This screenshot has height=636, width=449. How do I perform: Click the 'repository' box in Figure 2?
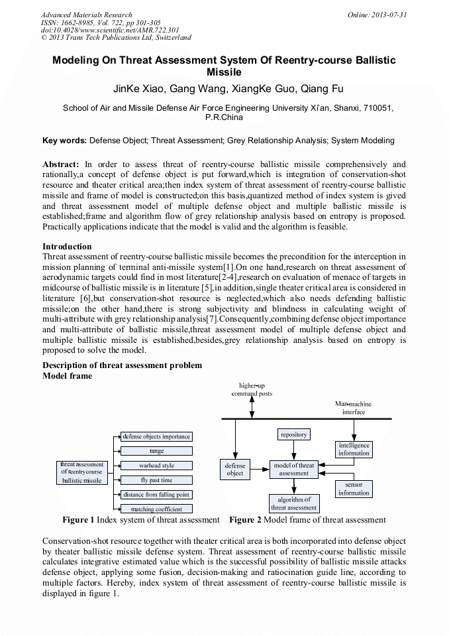coord(293,434)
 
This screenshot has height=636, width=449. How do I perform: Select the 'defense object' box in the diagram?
coord(235,470)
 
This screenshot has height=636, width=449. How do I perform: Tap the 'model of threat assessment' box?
coord(293,470)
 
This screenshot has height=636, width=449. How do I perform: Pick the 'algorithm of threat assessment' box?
coord(293,503)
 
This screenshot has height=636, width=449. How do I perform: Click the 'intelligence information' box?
coord(354,449)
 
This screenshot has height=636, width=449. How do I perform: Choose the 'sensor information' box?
coord(354,489)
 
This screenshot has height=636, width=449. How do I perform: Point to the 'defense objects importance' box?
coord(156,436)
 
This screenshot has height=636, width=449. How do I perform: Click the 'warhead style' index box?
coord(156,466)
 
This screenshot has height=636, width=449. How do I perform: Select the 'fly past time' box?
coord(156,480)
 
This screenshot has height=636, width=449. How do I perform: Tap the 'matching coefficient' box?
coord(156,509)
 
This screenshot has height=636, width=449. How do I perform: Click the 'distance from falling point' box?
coord(156,495)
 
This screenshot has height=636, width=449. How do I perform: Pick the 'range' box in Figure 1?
coord(156,451)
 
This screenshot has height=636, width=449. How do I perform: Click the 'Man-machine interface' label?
coord(353,408)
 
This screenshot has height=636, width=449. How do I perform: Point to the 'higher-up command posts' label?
coord(252,389)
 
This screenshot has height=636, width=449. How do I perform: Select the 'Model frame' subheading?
coord(67,375)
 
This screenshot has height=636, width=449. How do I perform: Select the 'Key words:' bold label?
coord(64,141)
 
